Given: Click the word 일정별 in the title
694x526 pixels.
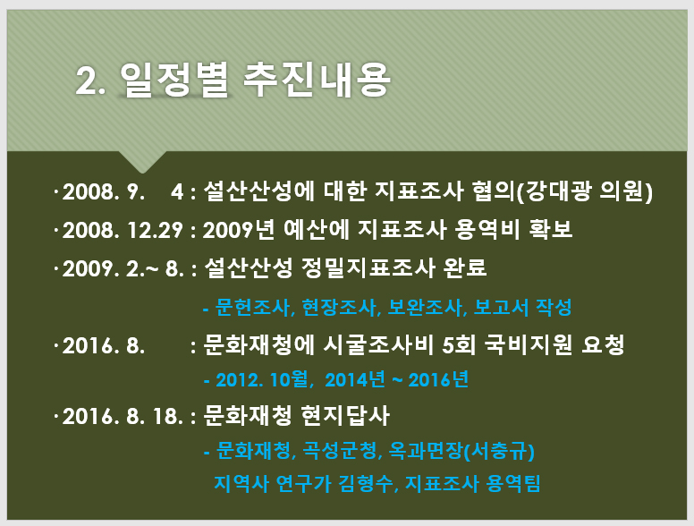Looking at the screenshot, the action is pyautogui.click(x=173, y=80).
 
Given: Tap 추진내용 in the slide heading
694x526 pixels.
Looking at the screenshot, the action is pyautogui.click(x=317, y=80).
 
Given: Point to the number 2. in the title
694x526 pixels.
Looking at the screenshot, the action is pyautogui.click(x=90, y=81).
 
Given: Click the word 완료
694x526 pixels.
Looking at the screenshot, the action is pyautogui.click(x=465, y=267).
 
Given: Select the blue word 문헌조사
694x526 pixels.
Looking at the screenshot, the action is pyautogui.click(x=253, y=307).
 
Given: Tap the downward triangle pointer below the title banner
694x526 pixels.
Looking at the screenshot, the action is pyautogui.click(x=142, y=160).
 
